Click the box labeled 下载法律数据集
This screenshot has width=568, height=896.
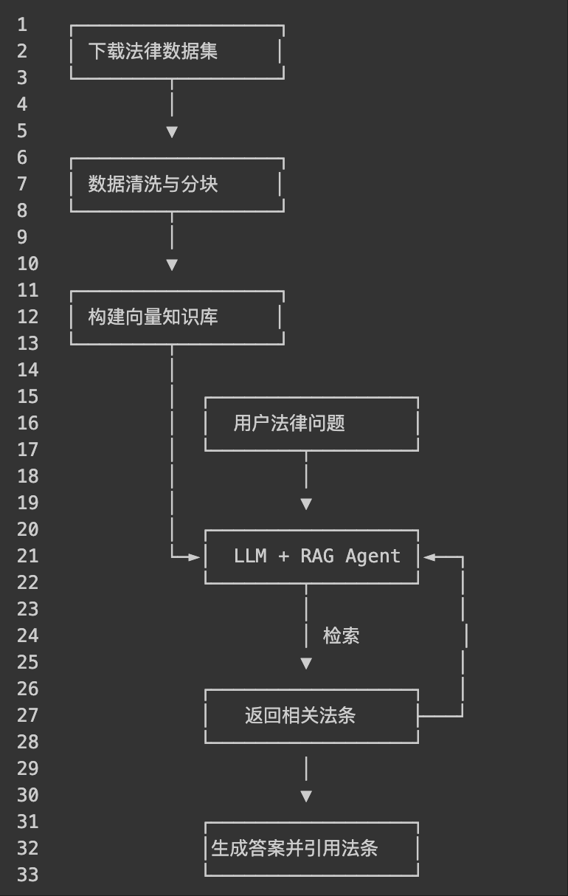click(x=177, y=52)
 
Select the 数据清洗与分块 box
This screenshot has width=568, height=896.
click(x=177, y=185)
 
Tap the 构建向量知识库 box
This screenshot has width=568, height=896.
click(x=177, y=317)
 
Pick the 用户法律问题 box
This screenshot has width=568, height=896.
click(x=311, y=424)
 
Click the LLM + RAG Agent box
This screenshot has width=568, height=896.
click(x=311, y=556)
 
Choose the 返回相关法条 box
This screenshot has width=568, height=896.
click(x=311, y=716)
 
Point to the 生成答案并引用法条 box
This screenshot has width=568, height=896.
click(x=311, y=849)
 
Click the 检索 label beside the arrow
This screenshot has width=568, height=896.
click(x=342, y=635)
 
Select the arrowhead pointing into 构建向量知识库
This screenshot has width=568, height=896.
click(x=172, y=264)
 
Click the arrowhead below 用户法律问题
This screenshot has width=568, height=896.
click(x=306, y=504)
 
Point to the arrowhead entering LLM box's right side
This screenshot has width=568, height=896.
click(x=429, y=557)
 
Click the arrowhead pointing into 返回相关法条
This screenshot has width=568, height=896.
click(x=306, y=664)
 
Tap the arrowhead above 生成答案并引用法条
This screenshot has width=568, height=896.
click(x=306, y=796)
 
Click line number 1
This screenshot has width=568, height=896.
click(x=22, y=25)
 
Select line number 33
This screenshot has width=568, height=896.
click(x=27, y=875)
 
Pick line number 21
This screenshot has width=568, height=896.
click(x=27, y=556)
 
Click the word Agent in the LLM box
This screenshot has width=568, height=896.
click(x=373, y=556)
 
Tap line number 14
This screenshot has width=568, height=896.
click(x=27, y=371)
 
